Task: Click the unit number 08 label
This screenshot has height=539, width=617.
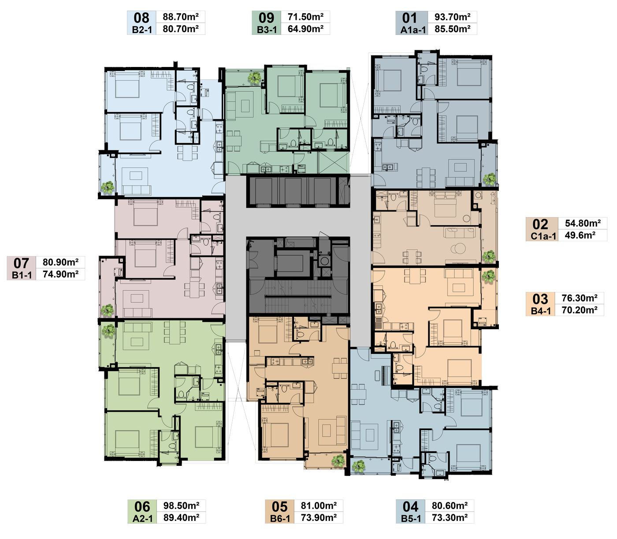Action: (141, 18)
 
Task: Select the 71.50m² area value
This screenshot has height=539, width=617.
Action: (305, 17)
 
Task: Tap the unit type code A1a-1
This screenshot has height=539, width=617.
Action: (413, 30)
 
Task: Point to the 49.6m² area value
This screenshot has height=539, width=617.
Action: (580, 235)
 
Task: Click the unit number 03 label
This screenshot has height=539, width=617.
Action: (540, 299)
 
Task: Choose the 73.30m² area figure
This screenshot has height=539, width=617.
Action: (450, 517)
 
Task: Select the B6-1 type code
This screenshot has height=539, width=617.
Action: (280, 518)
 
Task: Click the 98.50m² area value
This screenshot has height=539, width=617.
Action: (181, 505)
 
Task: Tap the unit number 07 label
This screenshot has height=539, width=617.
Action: (21, 263)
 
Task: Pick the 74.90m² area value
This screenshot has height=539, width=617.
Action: (61, 274)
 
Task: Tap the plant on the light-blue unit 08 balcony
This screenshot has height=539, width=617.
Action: (108, 187)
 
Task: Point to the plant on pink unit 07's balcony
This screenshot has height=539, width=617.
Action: (107, 310)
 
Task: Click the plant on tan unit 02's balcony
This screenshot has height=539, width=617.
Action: (489, 256)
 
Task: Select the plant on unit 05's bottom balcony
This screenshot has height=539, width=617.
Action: (338, 461)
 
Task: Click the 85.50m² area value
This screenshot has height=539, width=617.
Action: (452, 29)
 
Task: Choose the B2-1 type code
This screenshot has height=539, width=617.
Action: (142, 30)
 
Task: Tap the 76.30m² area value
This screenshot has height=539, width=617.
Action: (580, 298)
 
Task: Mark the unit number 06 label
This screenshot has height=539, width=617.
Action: (142, 506)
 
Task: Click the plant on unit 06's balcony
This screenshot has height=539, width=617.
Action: (108, 331)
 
